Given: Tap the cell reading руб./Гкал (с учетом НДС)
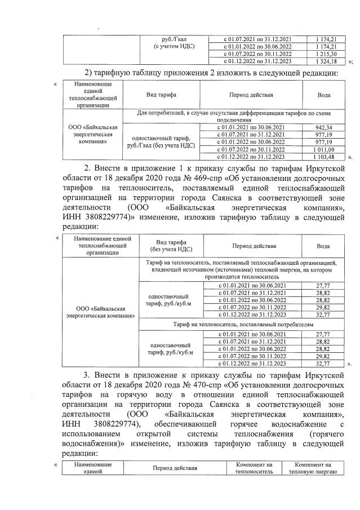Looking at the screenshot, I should coord(170,42).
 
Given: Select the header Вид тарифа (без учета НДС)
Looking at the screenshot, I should coord(171,245).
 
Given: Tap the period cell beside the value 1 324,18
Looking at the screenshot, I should coord(257,60).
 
